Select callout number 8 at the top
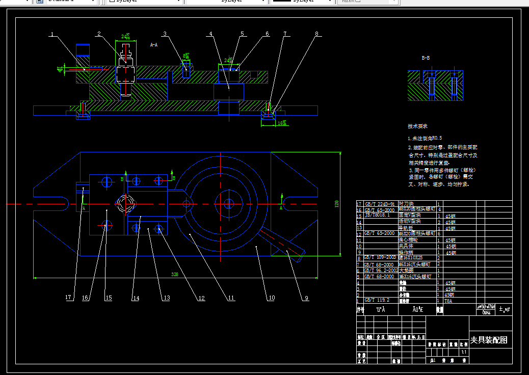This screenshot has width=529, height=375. coord(316,34)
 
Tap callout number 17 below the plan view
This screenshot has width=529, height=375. coord(68,298)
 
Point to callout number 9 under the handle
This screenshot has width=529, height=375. coord(306,299)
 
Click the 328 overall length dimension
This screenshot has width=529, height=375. coord(175,274)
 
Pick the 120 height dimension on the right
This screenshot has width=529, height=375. coord(336,204)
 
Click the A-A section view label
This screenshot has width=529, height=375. coord(153,45)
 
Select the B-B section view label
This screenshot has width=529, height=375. coord(426,58)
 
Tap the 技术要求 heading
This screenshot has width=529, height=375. coord(417,126)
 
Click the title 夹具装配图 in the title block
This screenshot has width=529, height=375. coord(488,340)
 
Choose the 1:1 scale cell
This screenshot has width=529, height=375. coord(463,352)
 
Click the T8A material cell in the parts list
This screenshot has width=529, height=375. coord(448,301)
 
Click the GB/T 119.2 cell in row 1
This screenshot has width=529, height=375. coord(377,300)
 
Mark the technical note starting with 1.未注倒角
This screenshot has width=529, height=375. coord(425,138)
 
